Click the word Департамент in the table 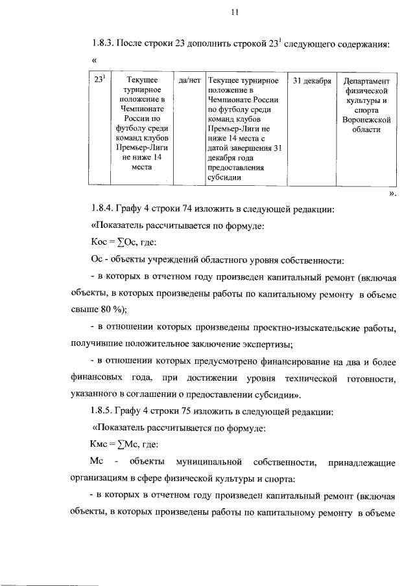click(x=367, y=82)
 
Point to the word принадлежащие click(x=362, y=462)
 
